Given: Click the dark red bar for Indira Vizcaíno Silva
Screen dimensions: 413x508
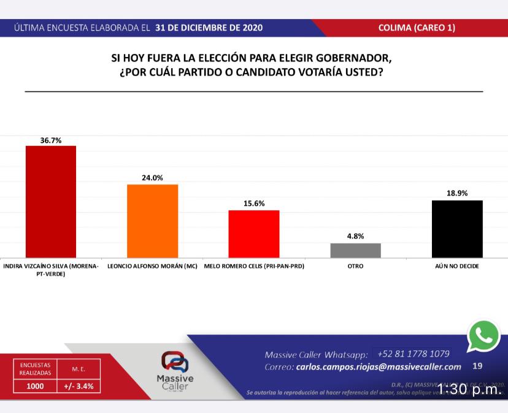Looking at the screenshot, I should click(50, 202).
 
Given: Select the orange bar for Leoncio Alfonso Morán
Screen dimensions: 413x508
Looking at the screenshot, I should click(152, 221).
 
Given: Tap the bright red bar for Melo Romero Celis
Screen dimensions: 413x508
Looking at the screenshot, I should click(254, 233).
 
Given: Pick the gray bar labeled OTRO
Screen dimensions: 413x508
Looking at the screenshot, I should click(356, 250).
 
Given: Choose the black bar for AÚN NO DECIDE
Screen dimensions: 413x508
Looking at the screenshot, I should click(457, 229).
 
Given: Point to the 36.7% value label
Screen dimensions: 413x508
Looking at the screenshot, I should click(50, 140).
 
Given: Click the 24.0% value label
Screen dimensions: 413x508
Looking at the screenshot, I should click(152, 178).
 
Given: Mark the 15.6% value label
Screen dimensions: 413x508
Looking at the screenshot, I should click(254, 204).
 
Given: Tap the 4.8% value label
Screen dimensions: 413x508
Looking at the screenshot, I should click(356, 237).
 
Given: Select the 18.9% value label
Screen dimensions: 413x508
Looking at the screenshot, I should click(457, 194).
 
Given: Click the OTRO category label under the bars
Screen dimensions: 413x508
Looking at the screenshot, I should click(356, 267).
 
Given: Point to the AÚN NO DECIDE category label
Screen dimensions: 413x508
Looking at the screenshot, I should click(457, 267).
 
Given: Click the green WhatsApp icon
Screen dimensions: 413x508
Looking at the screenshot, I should click(483, 336).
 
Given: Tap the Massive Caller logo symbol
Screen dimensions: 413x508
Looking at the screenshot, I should click(175, 362).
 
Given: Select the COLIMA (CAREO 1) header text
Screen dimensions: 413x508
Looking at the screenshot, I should click(417, 28).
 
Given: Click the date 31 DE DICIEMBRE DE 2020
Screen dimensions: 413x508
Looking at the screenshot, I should click(209, 28).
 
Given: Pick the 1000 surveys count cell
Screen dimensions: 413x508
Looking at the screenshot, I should click(35, 387).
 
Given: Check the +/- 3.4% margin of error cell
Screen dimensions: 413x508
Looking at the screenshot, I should click(79, 387).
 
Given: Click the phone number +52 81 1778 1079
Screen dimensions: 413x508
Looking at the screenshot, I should click(414, 354).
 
